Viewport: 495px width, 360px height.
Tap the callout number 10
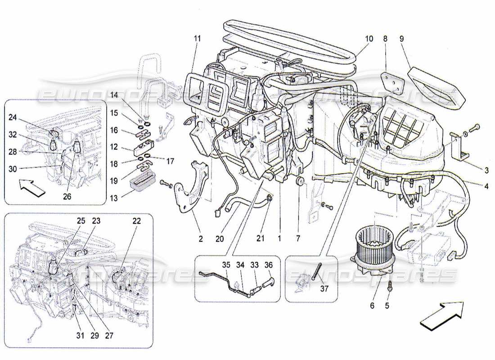click(x=369, y=39)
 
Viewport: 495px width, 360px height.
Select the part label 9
click(x=402, y=39)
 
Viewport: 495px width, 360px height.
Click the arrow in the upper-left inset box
click(x=33, y=187)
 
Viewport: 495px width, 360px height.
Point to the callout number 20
click(x=219, y=239)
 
